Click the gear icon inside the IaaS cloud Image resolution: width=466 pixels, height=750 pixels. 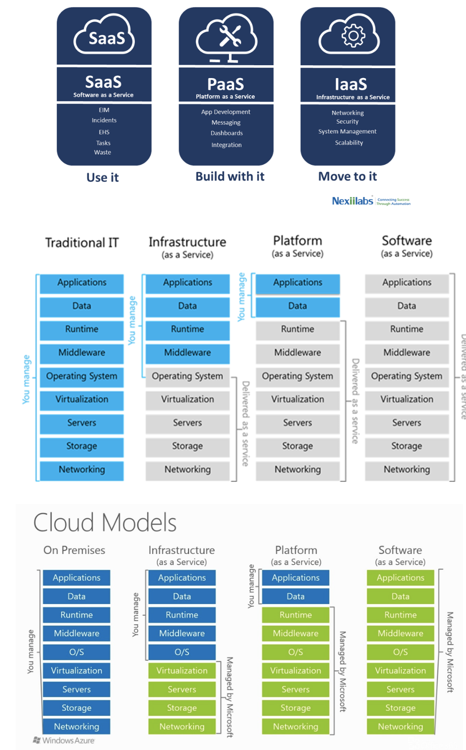[x=353, y=36]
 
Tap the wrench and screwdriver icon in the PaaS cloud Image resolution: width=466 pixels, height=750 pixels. [x=229, y=36]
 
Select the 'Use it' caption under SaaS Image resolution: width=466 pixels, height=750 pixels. [x=103, y=177]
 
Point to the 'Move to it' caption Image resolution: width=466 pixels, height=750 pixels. [x=347, y=176]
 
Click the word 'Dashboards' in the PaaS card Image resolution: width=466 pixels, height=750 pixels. [x=227, y=133]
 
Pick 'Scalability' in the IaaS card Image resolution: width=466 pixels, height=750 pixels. [x=349, y=143]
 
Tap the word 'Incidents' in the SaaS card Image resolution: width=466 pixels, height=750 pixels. [x=104, y=120]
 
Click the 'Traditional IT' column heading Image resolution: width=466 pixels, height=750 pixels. [x=82, y=243]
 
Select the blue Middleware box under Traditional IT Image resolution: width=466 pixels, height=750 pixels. [x=81, y=352]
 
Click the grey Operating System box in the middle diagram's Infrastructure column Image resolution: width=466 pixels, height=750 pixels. [x=187, y=376]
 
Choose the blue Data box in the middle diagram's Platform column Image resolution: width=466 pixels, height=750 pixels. [x=297, y=306]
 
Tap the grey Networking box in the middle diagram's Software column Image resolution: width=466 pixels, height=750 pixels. [x=407, y=470]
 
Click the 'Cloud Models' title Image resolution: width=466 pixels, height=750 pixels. [x=104, y=523]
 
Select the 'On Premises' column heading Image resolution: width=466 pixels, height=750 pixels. [x=74, y=550]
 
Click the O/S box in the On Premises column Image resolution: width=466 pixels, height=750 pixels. [x=77, y=652]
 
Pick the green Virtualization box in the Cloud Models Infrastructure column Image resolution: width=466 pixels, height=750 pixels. [x=181, y=671]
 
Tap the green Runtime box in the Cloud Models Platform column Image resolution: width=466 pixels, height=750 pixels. [x=295, y=615]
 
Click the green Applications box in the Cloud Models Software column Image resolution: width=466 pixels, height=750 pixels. [x=400, y=577]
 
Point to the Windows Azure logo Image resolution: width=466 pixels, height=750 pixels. [x=64, y=740]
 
